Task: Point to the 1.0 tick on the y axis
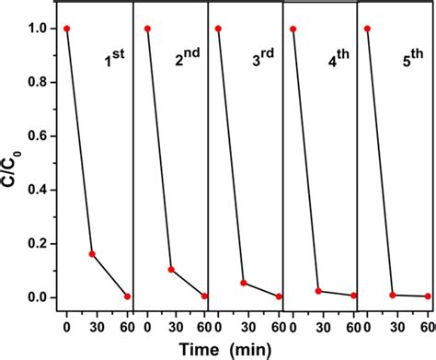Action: coord(40,29)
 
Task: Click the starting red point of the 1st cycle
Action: coord(66,29)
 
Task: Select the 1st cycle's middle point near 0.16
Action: coord(92,254)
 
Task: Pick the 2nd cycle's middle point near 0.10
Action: coord(171,270)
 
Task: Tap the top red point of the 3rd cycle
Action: coord(218,29)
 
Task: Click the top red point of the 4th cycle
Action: coord(293,29)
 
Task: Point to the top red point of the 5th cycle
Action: coord(367,29)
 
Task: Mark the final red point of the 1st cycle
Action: coord(127,296)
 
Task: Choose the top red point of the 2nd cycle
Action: coord(147,29)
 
